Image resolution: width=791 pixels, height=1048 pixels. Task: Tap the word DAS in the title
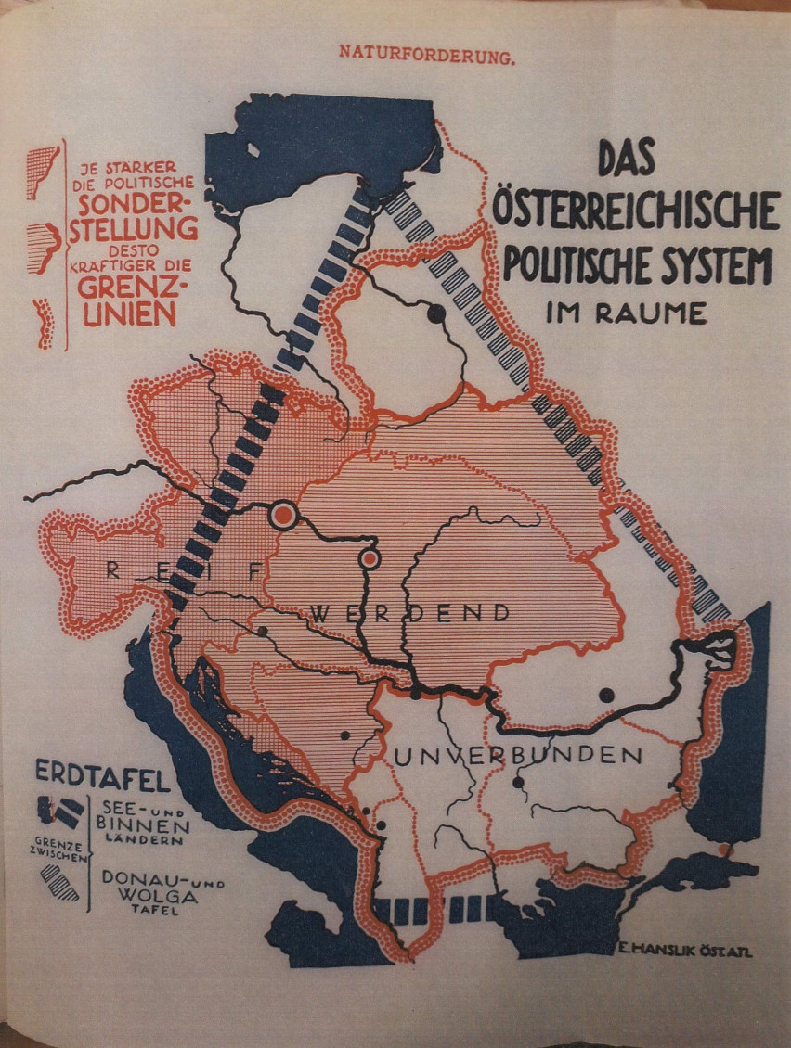click(x=625, y=159)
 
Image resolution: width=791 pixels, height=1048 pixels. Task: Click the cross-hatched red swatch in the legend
click(x=43, y=172)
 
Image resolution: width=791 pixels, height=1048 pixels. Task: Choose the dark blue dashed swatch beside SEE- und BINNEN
click(x=58, y=813)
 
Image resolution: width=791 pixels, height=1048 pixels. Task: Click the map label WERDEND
click(x=410, y=613)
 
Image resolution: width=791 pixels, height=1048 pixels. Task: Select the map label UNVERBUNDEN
click(x=518, y=756)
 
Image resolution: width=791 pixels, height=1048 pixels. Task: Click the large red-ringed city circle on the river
click(x=283, y=516)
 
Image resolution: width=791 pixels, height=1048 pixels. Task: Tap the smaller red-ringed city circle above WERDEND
click(x=370, y=558)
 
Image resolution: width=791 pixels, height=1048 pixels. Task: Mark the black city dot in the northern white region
click(x=435, y=313)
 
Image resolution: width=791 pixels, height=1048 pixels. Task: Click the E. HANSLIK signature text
click(x=682, y=947)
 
